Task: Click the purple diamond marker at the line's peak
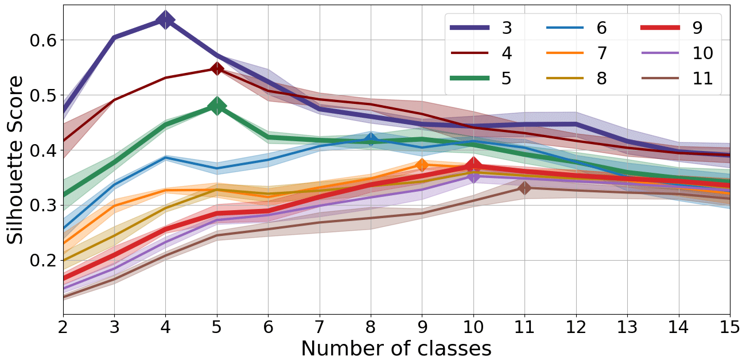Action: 166,20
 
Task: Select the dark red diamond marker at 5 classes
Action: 217,68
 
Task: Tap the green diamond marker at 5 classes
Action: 217,106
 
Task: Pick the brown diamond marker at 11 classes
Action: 524,188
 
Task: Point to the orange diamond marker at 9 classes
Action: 422,165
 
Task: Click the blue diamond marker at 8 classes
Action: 371,140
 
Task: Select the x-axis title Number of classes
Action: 396,349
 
